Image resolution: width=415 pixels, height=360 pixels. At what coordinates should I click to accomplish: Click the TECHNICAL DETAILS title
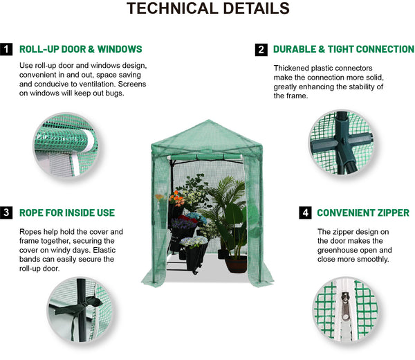point(208,8)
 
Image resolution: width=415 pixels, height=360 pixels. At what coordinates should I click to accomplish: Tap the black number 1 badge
point(6,49)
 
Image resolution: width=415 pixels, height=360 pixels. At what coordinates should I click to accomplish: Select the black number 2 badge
point(261,50)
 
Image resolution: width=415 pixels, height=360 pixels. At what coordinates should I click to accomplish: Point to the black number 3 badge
point(6,213)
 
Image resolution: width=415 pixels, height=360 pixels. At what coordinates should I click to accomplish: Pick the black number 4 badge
point(305,213)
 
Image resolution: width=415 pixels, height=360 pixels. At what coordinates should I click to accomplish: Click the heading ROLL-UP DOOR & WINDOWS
point(81,49)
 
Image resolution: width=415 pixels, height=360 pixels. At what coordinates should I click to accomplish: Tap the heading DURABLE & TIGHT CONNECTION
point(344,49)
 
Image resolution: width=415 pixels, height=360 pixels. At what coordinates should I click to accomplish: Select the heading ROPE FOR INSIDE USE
point(67,213)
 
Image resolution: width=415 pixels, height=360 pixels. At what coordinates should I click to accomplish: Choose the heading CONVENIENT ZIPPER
point(363,213)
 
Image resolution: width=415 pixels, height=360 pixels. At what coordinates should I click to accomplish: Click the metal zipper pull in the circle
point(345,306)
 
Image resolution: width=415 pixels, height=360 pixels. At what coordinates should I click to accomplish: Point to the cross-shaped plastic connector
point(342,142)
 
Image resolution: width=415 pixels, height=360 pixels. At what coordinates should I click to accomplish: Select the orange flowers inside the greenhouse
point(176,199)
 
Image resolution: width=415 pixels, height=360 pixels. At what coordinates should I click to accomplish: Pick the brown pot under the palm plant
point(237,264)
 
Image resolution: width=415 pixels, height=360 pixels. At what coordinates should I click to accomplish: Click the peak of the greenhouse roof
point(207,120)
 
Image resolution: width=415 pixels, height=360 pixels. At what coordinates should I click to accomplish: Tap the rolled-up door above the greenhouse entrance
point(205,157)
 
